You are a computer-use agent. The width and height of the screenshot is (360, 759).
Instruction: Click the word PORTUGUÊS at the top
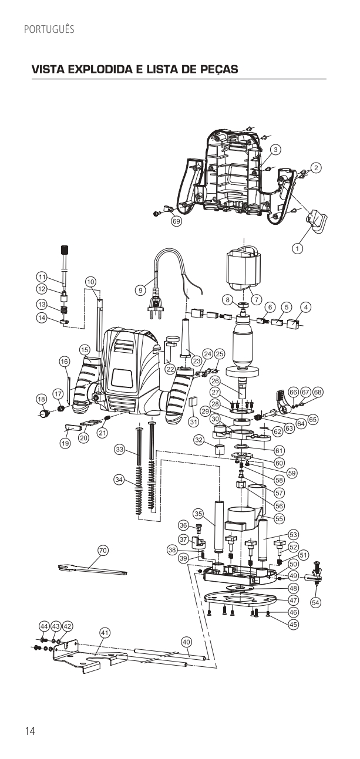[x=49, y=29]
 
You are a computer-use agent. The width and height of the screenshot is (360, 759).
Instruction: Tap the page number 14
[x=30, y=731]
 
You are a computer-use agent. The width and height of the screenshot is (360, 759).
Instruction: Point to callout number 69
[x=176, y=221]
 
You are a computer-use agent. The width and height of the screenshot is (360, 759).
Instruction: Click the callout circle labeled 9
[x=140, y=289]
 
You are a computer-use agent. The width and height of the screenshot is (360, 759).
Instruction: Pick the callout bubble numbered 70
[x=103, y=550]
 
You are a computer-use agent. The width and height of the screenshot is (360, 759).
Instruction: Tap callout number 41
[x=105, y=633]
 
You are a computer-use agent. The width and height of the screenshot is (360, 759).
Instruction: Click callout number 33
[x=120, y=450]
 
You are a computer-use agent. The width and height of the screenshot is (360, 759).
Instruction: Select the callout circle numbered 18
[x=41, y=399]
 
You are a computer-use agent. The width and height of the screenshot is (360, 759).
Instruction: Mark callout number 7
[x=257, y=298]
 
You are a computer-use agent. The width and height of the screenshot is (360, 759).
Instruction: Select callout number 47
[x=293, y=600]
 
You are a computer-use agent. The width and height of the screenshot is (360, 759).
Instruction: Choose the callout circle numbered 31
[x=192, y=421]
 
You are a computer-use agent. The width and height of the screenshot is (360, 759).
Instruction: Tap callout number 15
[x=85, y=350]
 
